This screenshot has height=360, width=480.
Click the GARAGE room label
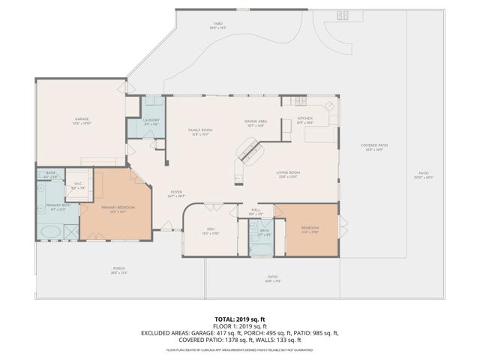(x=82, y=118)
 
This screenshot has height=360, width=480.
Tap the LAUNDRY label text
(x=151, y=120)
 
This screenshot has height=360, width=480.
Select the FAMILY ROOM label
(x=200, y=131)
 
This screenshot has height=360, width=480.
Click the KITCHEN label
(x=304, y=118)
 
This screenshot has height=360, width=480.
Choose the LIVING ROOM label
(x=288, y=175)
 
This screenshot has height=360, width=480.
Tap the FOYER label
(x=175, y=192)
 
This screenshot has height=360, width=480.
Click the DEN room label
(x=211, y=230)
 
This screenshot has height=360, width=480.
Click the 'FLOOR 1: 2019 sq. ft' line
(x=240, y=326)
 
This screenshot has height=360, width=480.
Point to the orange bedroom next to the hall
(x=309, y=228)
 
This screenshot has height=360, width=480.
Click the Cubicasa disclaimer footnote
(x=240, y=349)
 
